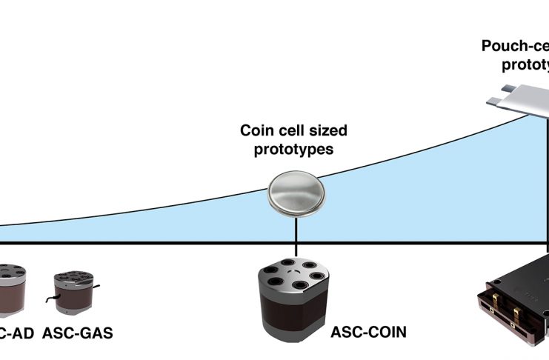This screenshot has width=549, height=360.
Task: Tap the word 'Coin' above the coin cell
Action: (x=256, y=131)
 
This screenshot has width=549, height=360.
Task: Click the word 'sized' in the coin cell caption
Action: (x=327, y=132)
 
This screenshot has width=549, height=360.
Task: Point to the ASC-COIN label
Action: (x=369, y=332)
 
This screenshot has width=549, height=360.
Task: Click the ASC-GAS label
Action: (x=78, y=333)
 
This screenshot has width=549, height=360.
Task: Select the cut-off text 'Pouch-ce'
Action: (x=515, y=46)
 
